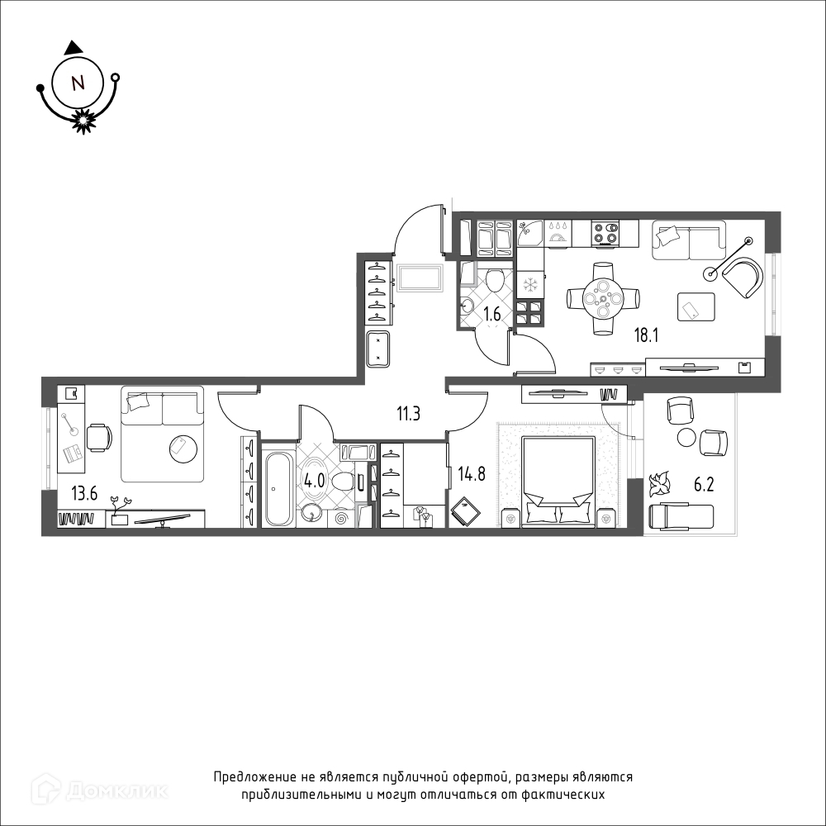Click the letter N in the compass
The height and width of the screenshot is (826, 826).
point(78,83)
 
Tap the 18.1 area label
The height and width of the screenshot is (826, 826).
point(647,335)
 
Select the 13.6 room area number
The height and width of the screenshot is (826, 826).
point(85,494)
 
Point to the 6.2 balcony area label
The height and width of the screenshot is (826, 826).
point(703,485)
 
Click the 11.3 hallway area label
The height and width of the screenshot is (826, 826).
point(408,414)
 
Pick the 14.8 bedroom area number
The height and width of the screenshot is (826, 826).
point(472,474)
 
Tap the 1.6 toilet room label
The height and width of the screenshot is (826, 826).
point(492,315)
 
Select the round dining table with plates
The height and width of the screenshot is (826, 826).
point(604,299)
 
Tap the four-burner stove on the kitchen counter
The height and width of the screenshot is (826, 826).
point(605,232)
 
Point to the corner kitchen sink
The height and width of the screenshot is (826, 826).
point(530,233)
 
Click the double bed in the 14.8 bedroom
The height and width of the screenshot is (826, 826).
point(559,481)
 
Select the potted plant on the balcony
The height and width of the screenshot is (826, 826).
point(660,483)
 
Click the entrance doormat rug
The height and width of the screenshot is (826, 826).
point(420,277)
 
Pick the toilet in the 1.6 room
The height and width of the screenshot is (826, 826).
point(495,280)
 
